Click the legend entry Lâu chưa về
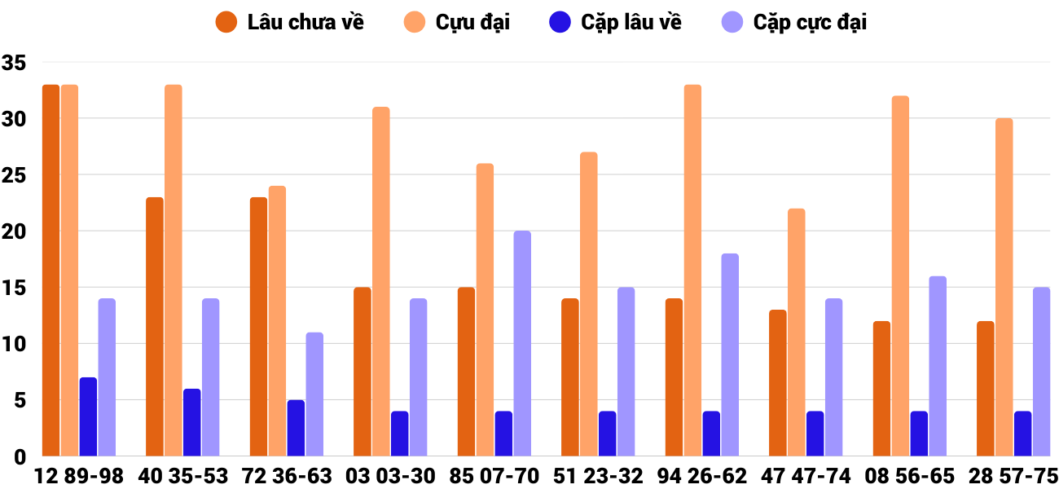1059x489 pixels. coord(289,22)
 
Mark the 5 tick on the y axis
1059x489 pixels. coord(19,401)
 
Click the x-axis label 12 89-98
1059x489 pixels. coord(79,476)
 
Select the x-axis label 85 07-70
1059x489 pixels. coord(494,476)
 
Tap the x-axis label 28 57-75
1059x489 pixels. coord(1013,476)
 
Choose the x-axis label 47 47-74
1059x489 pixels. coord(806,476)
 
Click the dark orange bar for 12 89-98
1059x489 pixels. coord(51,270)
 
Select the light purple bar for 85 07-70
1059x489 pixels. coord(522,343)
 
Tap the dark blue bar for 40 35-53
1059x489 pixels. coord(191,422)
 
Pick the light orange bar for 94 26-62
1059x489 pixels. coord(692,270)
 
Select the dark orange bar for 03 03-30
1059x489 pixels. coord(363,372)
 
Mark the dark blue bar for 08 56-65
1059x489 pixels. coord(919,434)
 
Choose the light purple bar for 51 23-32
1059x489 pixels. coord(626,372)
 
